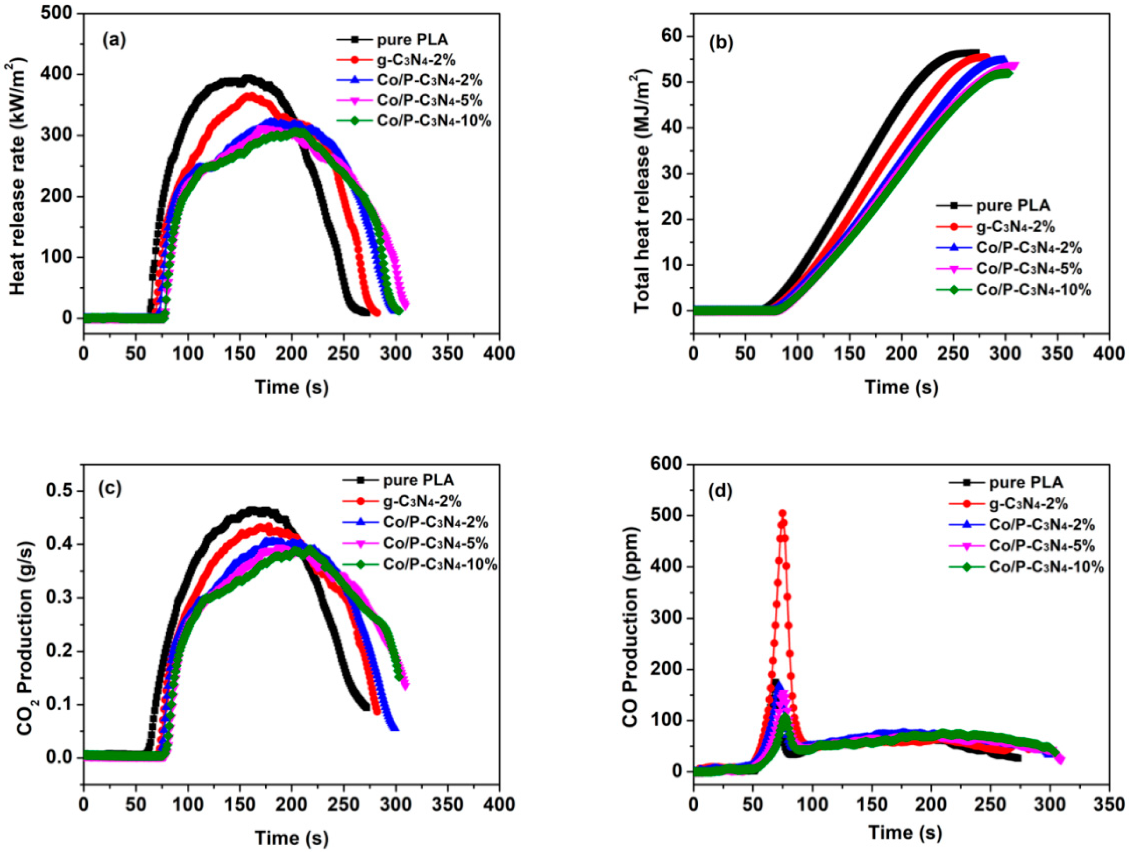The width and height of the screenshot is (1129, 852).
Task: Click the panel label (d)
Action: pyautogui.click(x=720, y=491)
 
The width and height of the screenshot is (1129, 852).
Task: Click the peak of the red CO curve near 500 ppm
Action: pyautogui.click(x=783, y=513)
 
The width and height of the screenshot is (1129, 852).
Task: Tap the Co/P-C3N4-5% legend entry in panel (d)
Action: pyautogui.click(x=1042, y=546)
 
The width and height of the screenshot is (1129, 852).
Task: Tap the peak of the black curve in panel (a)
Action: pyautogui.click(x=248, y=79)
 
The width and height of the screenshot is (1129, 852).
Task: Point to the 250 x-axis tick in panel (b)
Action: pyautogui.click(x=953, y=354)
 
